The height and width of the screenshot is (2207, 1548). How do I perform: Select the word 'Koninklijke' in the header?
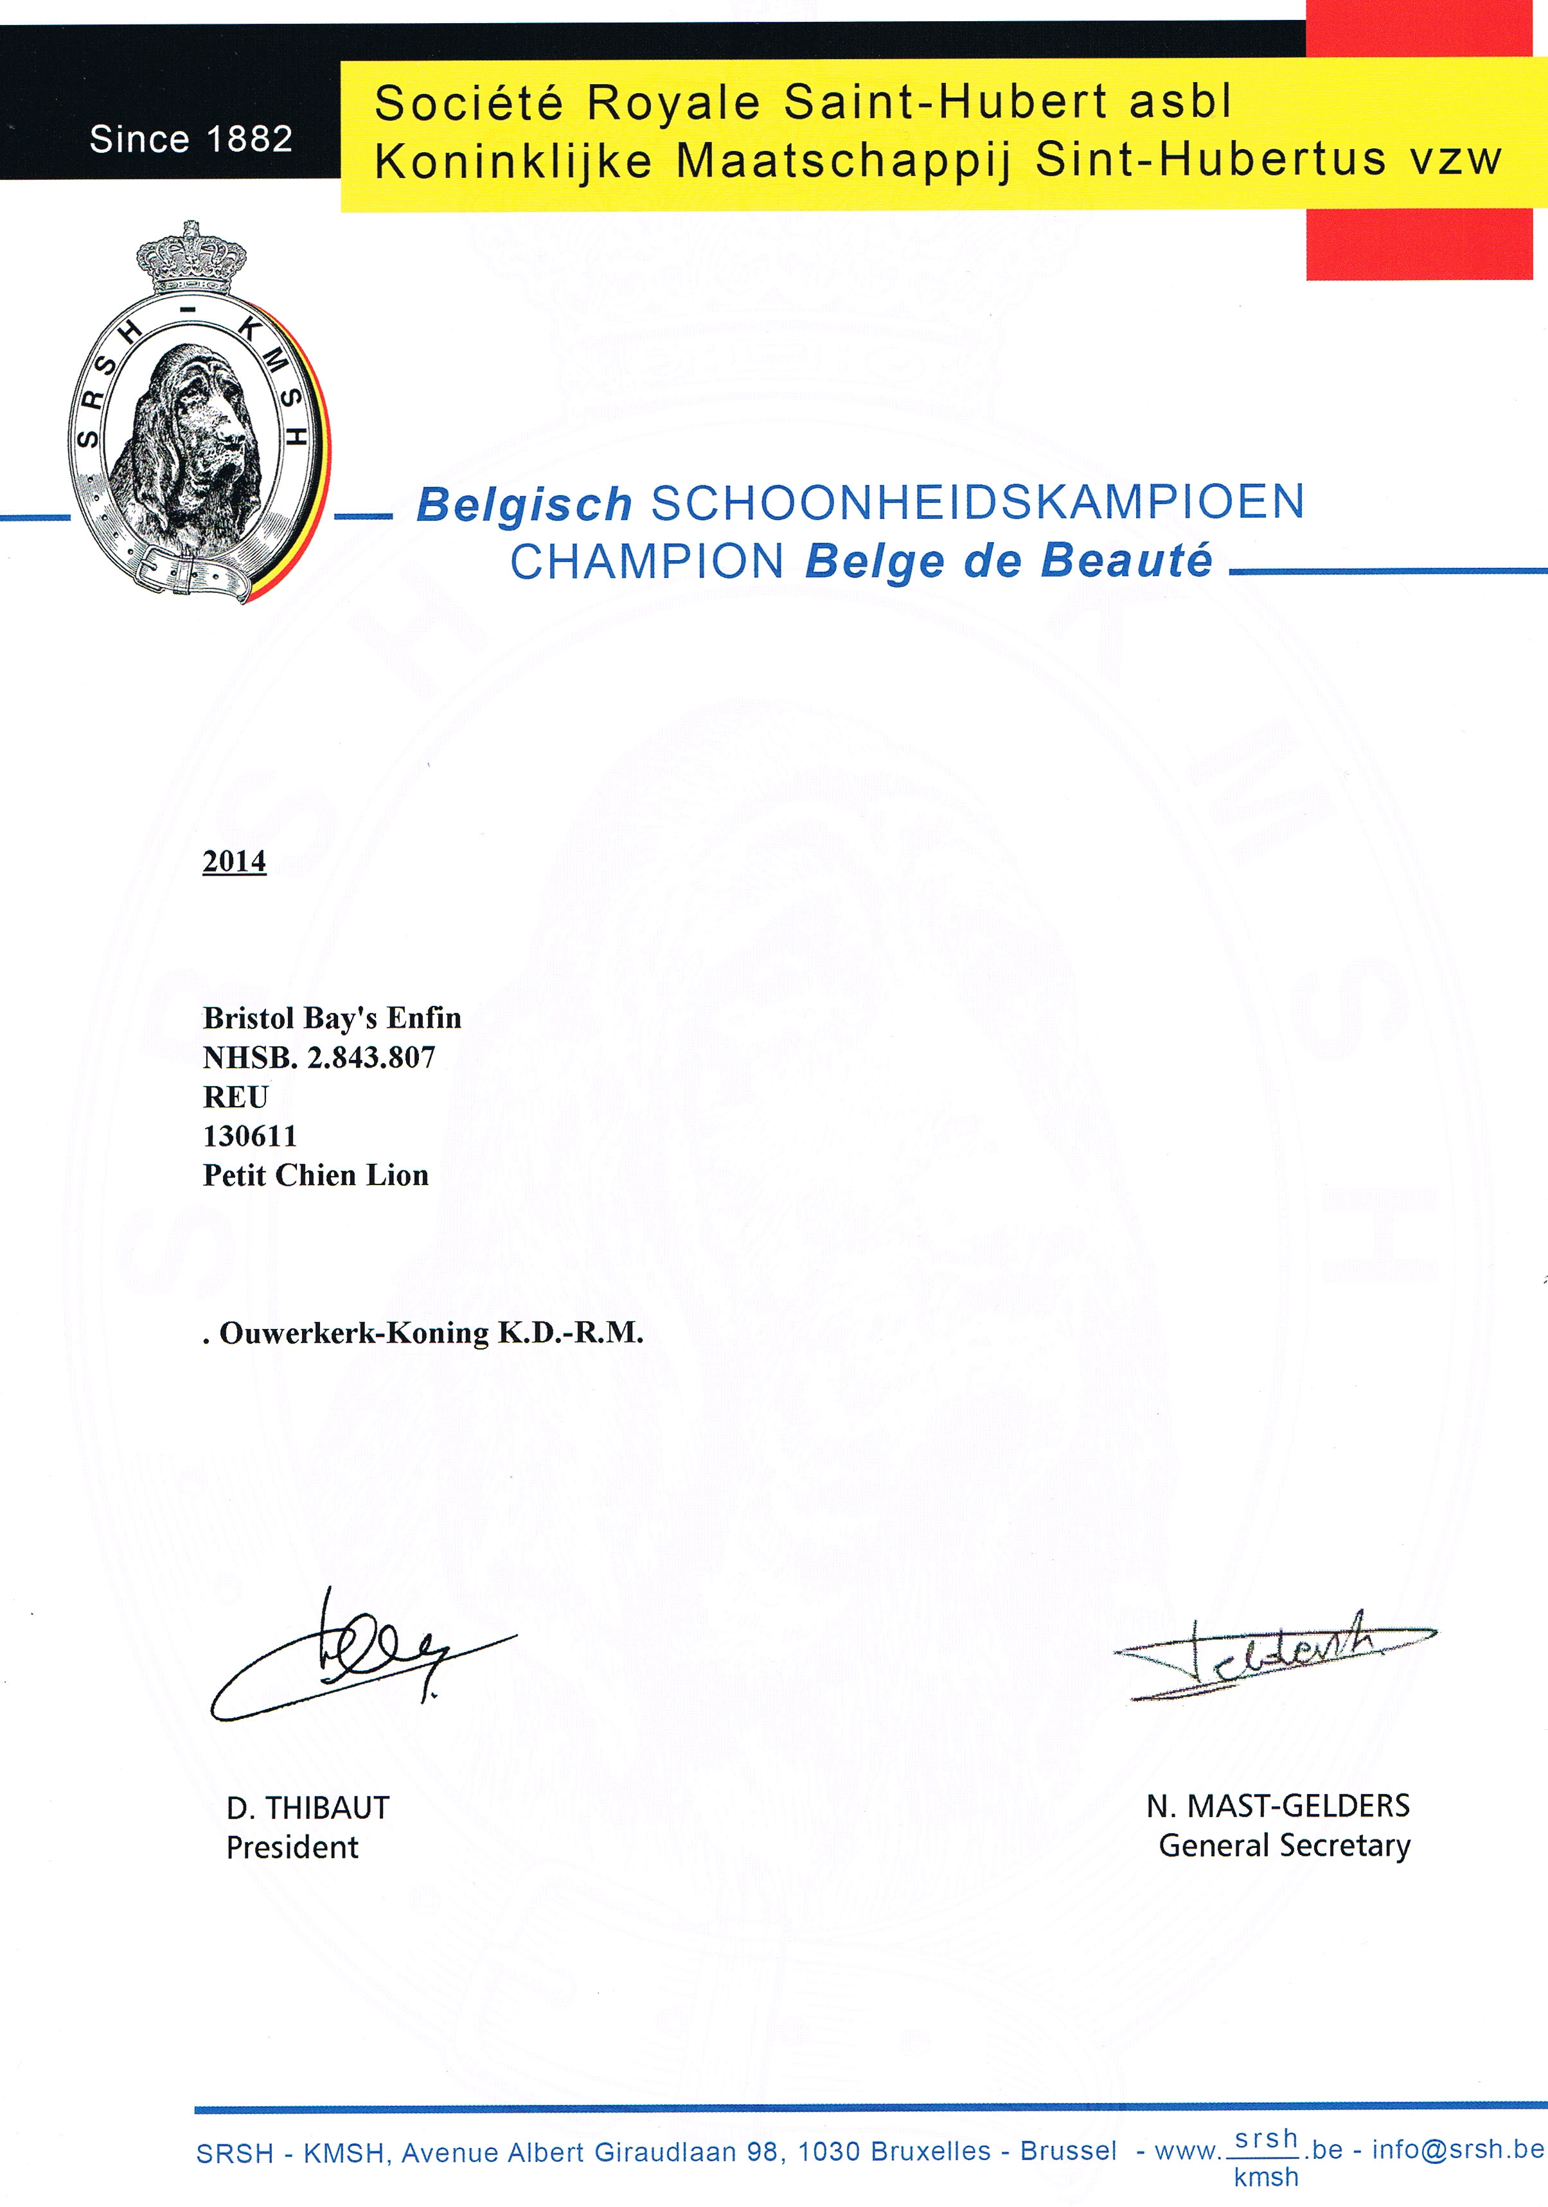pyautogui.click(x=513, y=161)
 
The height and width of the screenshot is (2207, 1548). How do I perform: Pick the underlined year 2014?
pyautogui.click(x=234, y=861)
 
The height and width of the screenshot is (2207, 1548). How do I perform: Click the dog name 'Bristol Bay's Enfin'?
pyautogui.click(x=332, y=1018)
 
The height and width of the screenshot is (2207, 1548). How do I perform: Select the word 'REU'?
pyautogui.click(x=236, y=1097)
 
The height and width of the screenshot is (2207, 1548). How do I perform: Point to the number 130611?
pyautogui.click(x=250, y=1136)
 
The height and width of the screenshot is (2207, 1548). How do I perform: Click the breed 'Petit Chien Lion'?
pyautogui.click(x=316, y=1175)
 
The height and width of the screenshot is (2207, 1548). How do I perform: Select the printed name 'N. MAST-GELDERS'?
pyautogui.click(x=1278, y=1806)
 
